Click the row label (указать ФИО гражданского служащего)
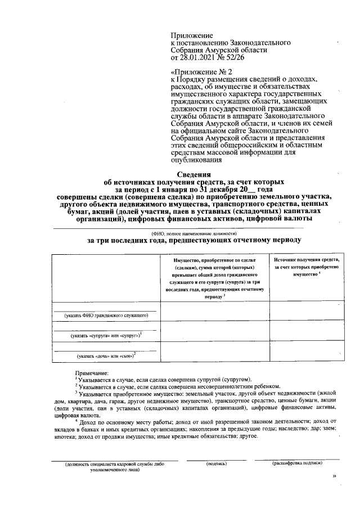[x=106, y=315]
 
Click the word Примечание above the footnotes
[x=93, y=373]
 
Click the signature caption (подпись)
[x=217, y=464]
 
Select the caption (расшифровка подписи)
[x=298, y=463]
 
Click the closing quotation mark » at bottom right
[x=335, y=476]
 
